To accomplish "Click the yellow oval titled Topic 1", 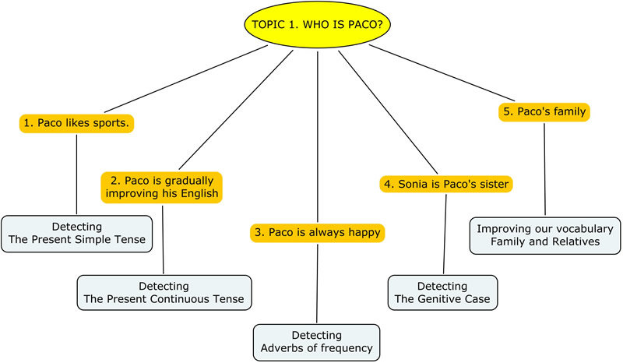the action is point(317,24).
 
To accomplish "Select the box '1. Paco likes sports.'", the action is point(76,123).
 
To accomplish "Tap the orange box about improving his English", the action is point(162,187).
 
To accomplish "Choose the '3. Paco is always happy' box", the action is point(318,233).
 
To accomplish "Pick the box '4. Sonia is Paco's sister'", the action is point(446,184).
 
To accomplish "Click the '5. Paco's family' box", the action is point(544,111).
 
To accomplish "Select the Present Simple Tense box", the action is point(76,234).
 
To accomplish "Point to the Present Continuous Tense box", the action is point(164,293).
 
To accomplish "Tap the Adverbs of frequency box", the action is point(317,342).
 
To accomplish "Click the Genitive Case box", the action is point(442,293).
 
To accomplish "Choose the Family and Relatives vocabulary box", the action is point(545,235).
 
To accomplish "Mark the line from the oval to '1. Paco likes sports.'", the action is point(186,79).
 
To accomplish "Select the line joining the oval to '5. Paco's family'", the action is point(442,72).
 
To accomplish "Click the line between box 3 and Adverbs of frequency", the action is point(317,284).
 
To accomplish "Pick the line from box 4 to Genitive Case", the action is point(445,234).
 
